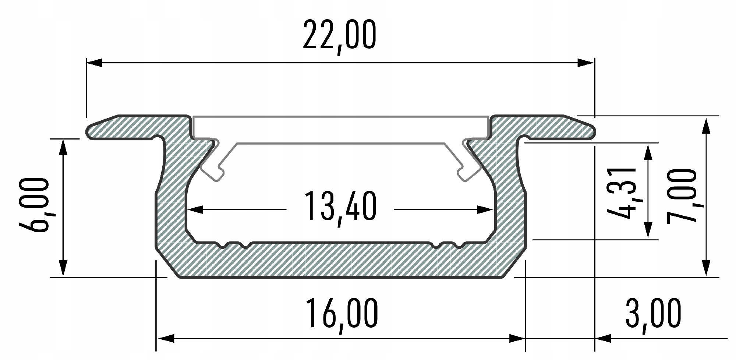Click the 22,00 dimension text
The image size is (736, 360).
pyautogui.click(x=339, y=36)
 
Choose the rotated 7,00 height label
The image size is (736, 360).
pyautogui.click(x=681, y=196)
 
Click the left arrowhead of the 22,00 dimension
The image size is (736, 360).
pyautogui.click(x=94, y=63)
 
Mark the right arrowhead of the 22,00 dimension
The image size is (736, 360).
pyautogui.click(x=586, y=63)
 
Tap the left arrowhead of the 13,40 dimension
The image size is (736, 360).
pyautogui.click(x=195, y=210)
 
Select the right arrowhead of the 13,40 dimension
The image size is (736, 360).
pyautogui.click(x=485, y=210)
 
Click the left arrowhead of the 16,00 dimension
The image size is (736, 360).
pyautogui.click(x=165, y=338)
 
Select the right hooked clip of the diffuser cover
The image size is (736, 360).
pyautogui.click(x=468, y=171)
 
